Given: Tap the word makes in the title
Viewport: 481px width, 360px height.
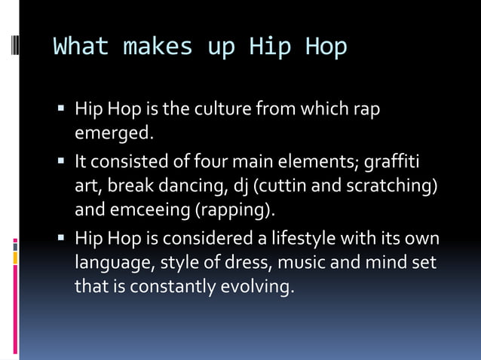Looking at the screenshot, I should pos(157,47).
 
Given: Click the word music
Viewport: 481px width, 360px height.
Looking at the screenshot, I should pos(286,263).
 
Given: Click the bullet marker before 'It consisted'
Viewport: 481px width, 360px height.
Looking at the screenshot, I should pos(62,162).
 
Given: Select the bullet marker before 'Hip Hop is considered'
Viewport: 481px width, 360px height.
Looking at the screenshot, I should pos(62,240).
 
